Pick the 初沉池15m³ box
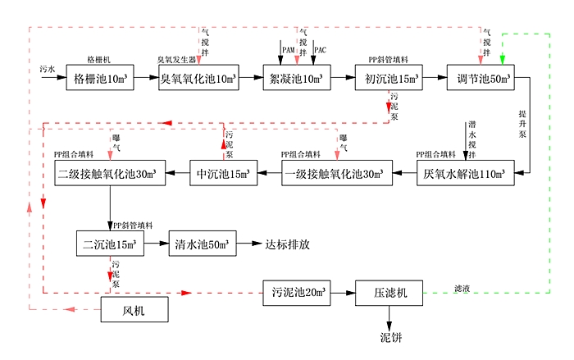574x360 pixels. point(389,79)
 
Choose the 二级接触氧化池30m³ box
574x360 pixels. point(107,174)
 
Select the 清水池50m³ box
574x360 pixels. point(203,244)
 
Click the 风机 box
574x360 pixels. point(133,310)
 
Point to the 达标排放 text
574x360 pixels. point(287,244)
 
